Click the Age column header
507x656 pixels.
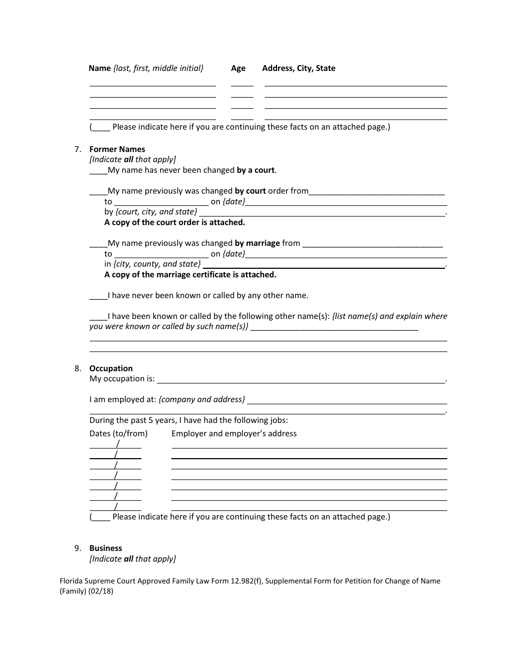pos(238,68)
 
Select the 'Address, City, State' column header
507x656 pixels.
pos(298,68)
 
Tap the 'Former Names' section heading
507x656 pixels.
pos(117,149)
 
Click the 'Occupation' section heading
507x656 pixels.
pos(111,369)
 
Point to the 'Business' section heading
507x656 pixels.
pos(106,548)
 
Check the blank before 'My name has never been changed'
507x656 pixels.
pos(98,171)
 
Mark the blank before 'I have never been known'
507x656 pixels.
pos(98,295)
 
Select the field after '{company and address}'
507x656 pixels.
pos(347,401)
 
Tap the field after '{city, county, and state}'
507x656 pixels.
pos(324,265)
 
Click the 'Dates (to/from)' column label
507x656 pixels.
pos(118,434)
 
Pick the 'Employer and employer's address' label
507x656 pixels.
pos(234,434)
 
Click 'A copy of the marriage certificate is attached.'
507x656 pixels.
pos(190,275)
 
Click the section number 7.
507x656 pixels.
pos(77,149)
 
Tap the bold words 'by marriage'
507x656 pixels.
pos(257,243)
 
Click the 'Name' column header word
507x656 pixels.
pos(100,68)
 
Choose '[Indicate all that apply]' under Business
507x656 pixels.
pos(132,559)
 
